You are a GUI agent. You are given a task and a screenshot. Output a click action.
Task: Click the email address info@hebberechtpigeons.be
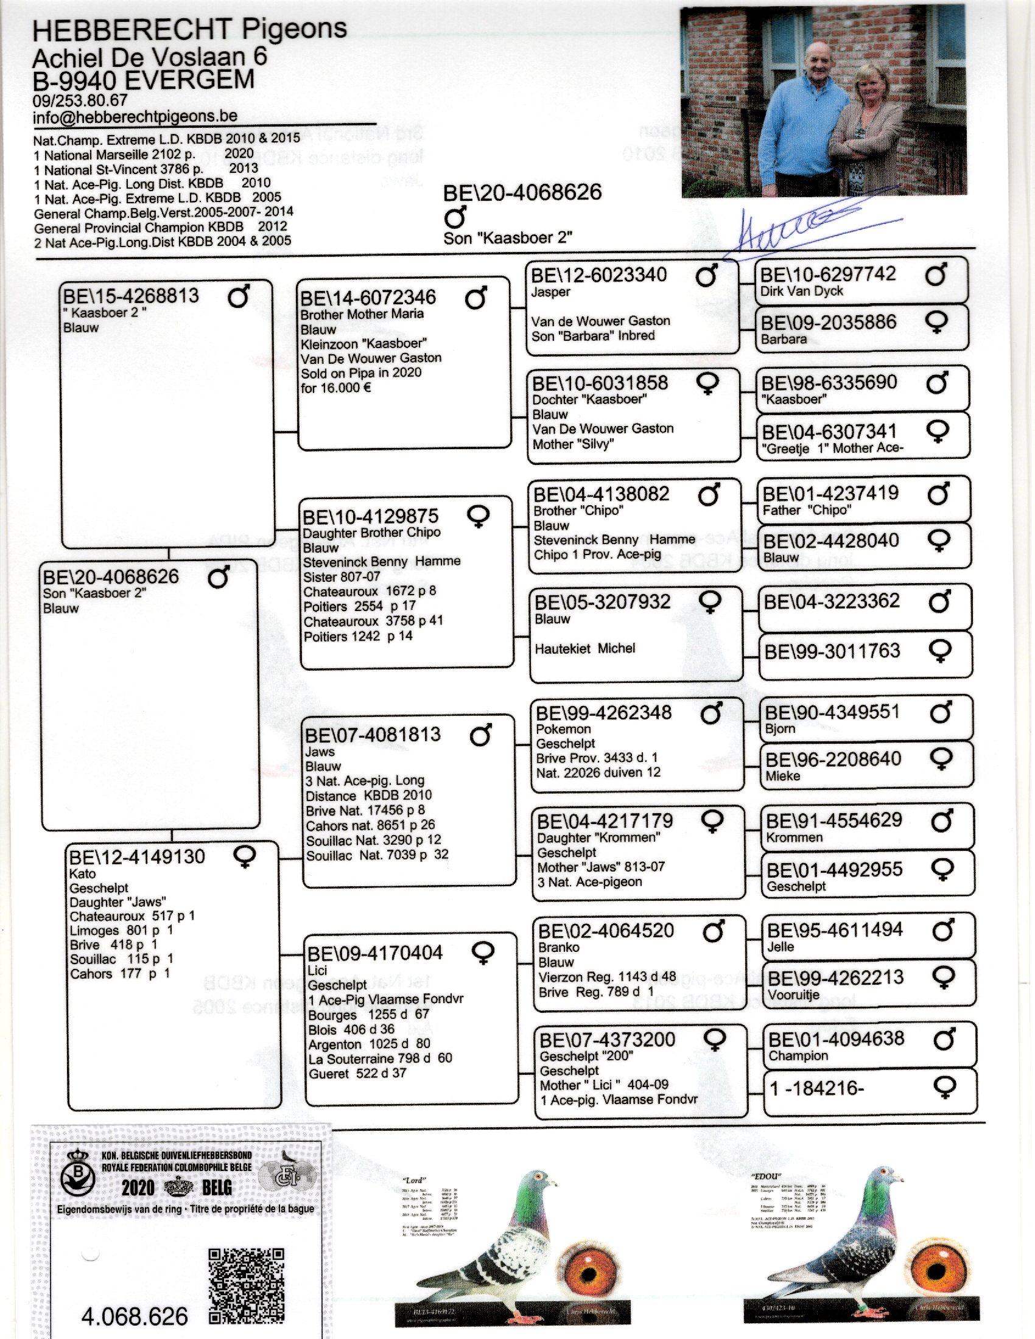tap(135, 116)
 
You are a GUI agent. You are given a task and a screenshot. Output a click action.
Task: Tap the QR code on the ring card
tap(247, 1285)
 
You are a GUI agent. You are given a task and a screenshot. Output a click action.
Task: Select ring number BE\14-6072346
tap(368, 298)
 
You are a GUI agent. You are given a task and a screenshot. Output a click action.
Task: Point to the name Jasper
tap(550, 292)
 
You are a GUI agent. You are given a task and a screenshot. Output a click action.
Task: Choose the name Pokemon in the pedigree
tap(563, 729)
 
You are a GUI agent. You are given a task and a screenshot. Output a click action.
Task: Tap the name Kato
tap(82, 873)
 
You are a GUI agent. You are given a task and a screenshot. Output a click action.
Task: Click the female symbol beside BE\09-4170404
tap(482, 952)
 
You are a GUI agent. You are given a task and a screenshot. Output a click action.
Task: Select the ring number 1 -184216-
tap(816, 1088)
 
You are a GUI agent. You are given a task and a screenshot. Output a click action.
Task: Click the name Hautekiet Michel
tap(585, 649)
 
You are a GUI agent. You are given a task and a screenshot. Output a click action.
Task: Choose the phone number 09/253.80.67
tap(80, 100)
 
